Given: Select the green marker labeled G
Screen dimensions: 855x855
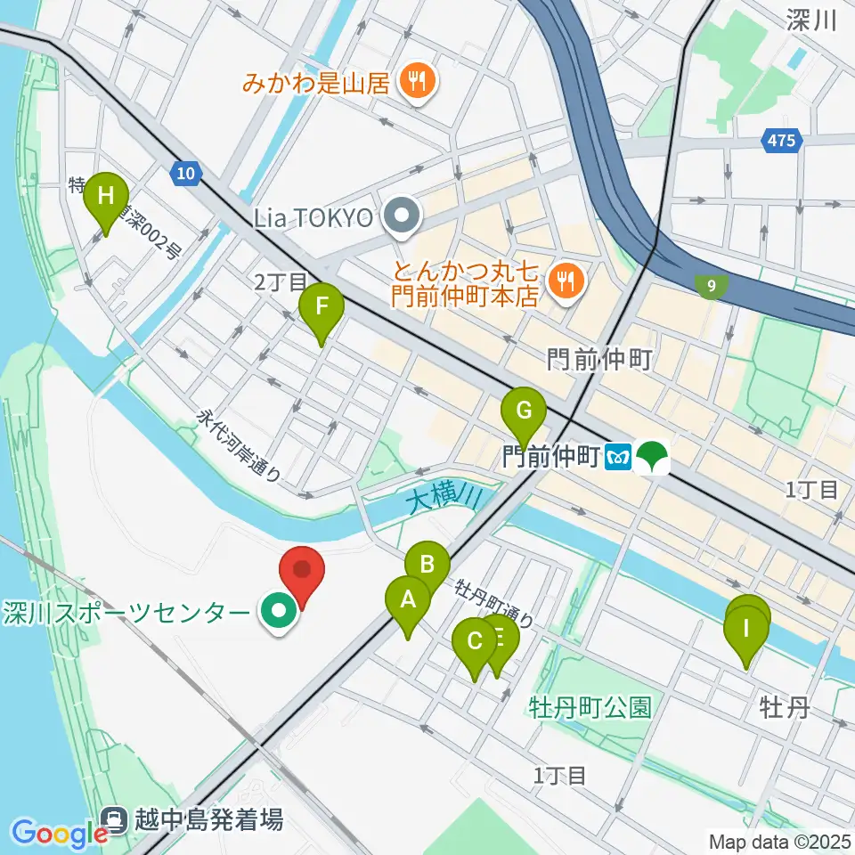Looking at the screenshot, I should [x=524, y=412].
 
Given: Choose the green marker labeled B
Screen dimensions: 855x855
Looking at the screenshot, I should [x=427, y=565].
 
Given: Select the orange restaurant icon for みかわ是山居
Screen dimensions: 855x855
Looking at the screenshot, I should [x=416, y=84].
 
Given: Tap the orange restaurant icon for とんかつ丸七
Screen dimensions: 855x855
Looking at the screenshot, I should [x=565, y=282].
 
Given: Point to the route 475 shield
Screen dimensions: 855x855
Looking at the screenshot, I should [x=782, y=140].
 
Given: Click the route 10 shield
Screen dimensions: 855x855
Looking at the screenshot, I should [x=184, y=175].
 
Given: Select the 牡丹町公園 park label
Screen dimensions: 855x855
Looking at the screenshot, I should [x=590, y=708].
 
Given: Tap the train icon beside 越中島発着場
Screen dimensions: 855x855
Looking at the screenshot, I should [x=116, y=818].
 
